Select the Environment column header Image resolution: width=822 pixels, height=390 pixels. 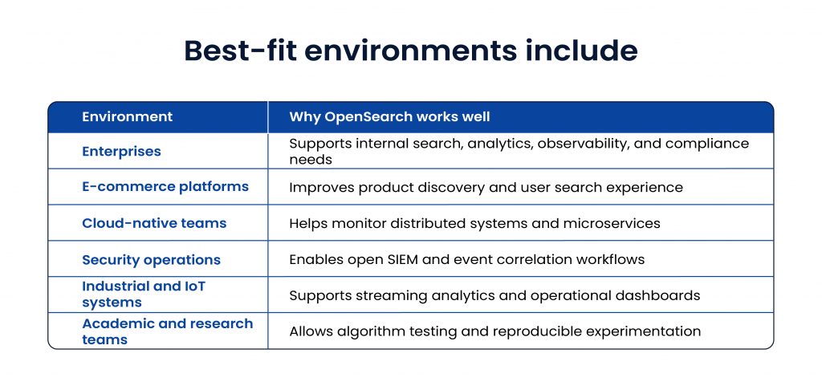point(127,117)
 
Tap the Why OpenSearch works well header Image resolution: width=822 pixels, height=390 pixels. point(389,117)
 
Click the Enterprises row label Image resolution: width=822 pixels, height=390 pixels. point(121,152)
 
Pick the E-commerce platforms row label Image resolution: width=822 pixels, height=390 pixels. point(165,187)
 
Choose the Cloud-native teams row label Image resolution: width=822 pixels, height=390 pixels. point(154,223)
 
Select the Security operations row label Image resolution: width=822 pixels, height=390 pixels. point(151,260)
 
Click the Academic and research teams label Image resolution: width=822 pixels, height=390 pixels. point(167,331)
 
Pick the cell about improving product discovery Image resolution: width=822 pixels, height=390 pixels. point(486,188)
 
